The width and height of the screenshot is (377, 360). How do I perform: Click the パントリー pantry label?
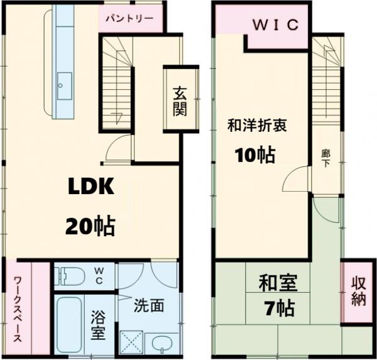click(133, 18)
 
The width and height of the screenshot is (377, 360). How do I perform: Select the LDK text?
click(90, 187)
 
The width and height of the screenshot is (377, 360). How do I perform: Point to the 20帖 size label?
click(90, 224)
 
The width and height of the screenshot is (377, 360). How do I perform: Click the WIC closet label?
click(275, 25)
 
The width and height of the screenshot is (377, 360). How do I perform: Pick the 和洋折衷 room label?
click(257, 126)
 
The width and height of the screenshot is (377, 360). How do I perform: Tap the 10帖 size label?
click(255, 155)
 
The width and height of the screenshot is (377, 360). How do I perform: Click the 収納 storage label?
click(358, 290)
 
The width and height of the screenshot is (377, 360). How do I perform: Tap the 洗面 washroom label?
click(149, 306)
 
